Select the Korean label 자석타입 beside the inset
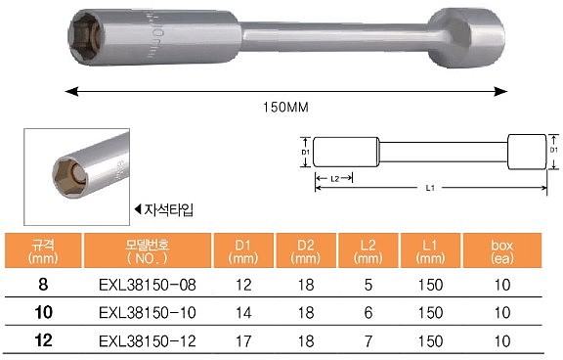167,210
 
